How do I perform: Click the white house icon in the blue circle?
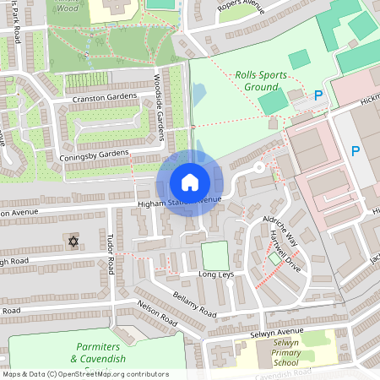(190, 182)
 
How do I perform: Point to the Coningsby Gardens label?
(95, 155)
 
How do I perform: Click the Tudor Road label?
(111, 253)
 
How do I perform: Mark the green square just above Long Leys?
(215, 256)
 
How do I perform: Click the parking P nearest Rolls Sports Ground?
(318, 96)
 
